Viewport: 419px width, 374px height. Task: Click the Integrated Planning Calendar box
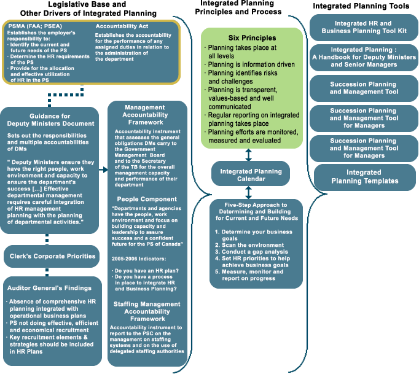coord(251,174)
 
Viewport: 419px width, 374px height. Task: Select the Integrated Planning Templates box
coord(364,177)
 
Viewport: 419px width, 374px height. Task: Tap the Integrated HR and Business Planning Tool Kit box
coord(363,28)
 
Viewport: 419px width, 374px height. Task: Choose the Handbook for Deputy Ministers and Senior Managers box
coord(364,58)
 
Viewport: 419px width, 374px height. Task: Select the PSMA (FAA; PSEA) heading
coord(36,26)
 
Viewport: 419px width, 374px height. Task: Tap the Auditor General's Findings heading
coord(49,287)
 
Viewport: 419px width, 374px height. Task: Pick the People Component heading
coord(147,199)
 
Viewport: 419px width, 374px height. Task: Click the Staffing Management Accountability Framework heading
coord(147,311)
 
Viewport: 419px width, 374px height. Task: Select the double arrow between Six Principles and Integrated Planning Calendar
coord(248,154)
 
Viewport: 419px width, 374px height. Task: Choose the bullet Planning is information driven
coord(251,64)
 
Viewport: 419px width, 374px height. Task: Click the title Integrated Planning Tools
coord(361,6)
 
